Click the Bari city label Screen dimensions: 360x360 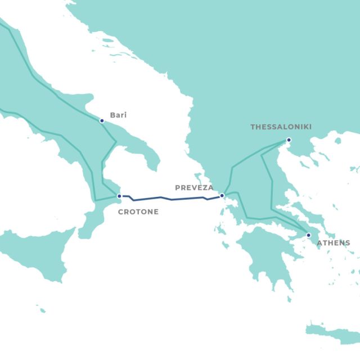118,115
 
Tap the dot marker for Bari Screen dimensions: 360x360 102,120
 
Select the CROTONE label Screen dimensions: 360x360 138,212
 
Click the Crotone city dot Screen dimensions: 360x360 119,196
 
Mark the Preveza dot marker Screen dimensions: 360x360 222,196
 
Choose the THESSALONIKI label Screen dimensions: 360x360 281,127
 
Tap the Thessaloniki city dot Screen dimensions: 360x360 289,139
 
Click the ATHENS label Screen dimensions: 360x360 333,243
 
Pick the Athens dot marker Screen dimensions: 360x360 308,235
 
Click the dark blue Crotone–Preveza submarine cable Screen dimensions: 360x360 169,199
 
